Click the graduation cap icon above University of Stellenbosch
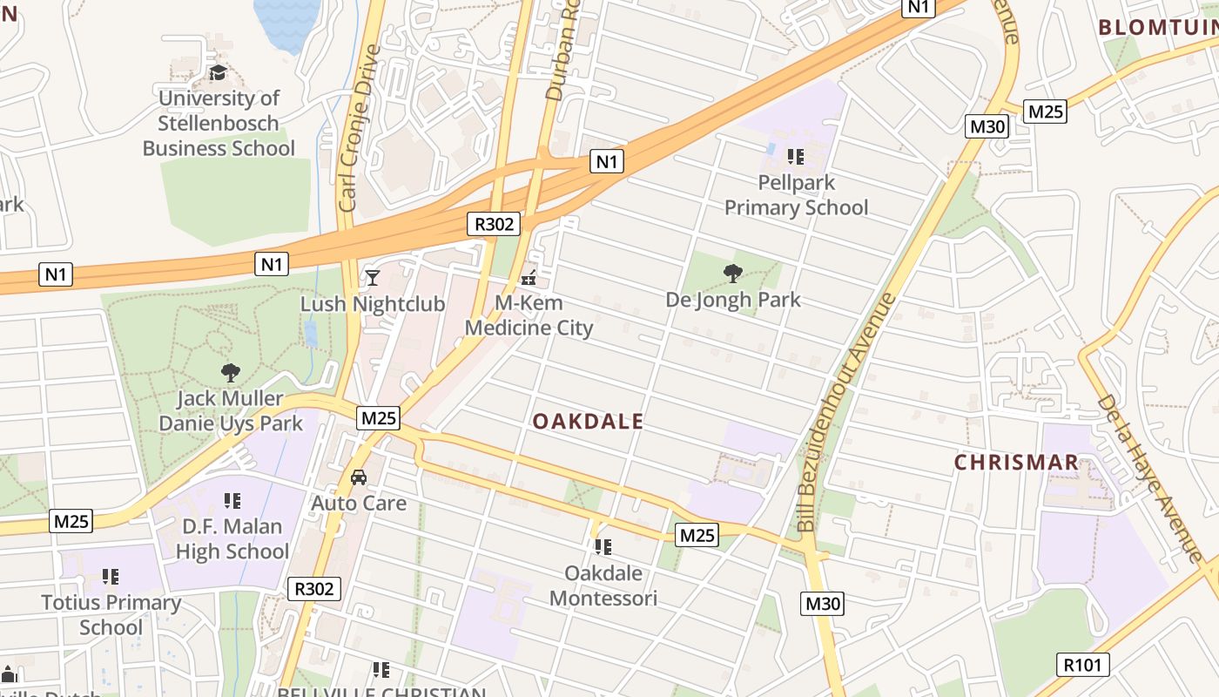(218, 72)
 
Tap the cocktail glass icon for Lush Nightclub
(373, 278)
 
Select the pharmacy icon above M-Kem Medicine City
(529, 279)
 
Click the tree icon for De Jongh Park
(733, 274)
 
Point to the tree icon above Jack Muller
(231, 373)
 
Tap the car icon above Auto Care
(358, 477)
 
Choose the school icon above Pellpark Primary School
(795, 157)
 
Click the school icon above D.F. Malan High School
(232, 500)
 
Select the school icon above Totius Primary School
(111, 576)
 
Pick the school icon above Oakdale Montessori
(603, 547)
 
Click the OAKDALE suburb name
(589, 422)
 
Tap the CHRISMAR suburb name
(1016, 462)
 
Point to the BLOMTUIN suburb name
(1158, 27)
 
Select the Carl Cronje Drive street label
(360, 128)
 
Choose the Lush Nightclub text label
(373, 304)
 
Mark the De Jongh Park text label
(733, 300)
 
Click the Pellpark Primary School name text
(796, 195)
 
